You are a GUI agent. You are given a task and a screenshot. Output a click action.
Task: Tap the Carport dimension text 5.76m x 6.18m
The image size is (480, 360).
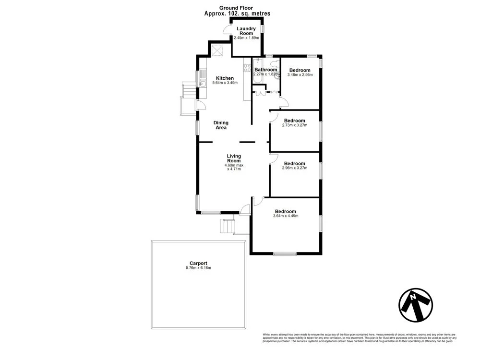[x=198, y=268]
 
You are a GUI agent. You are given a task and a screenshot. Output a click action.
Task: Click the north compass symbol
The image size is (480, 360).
[x=416, y=305]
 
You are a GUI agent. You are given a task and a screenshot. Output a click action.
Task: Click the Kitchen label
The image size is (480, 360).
[x=225, y=78]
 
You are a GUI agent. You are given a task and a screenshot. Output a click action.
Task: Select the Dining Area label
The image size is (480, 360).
[x=221, y=125]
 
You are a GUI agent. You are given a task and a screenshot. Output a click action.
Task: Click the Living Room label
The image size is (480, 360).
[x=234, y=158]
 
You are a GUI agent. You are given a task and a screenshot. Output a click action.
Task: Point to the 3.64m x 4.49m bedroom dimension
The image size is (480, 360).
[x=286, y=216]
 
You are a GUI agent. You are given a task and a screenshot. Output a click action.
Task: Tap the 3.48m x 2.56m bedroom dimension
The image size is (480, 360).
[x=300, y=75]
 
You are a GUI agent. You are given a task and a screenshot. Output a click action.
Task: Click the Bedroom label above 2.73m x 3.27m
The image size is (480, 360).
[x=294, y=120]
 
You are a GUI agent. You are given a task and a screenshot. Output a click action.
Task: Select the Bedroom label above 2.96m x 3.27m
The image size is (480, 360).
[x=294, y=164]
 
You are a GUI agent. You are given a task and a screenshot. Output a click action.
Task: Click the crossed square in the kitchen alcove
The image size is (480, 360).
[x=218, y=50]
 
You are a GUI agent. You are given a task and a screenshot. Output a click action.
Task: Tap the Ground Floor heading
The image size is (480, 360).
[x=236, y=8]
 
